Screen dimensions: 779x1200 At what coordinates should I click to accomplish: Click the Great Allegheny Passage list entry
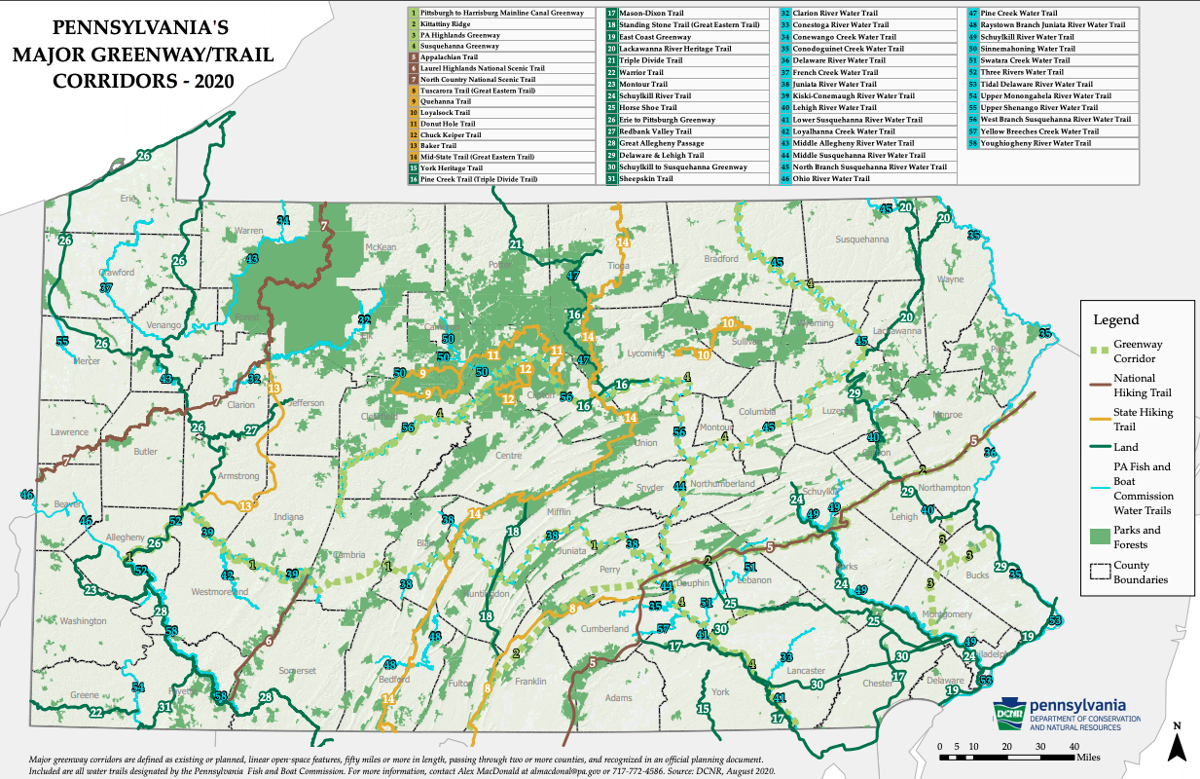662,143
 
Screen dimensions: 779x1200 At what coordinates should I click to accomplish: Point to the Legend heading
1115,320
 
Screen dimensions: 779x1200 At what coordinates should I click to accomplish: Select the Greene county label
84,694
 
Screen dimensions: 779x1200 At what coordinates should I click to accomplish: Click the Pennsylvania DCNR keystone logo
1007,711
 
